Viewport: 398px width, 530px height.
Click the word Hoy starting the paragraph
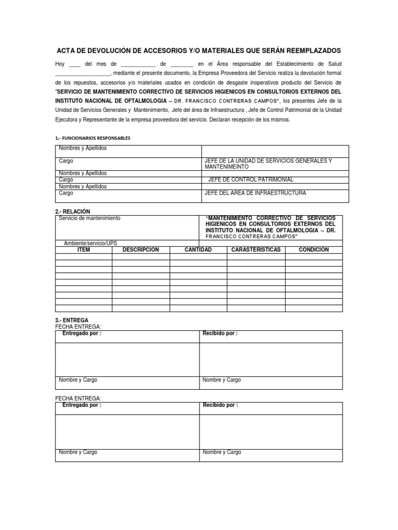[x=60, y=64]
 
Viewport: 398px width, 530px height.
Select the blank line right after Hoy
[x=74, y=65]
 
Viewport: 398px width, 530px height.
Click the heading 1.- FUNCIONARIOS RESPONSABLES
[x=93, y=138]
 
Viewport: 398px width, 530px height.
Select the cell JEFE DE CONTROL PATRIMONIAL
[x=250, y=180]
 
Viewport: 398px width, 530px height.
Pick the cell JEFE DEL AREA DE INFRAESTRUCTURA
[x=255, y=193]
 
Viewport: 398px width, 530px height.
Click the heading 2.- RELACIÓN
[x=73, y=211]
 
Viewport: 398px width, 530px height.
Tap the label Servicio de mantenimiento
[x=90, y=218]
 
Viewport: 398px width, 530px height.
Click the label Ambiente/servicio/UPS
[x=90, y=243]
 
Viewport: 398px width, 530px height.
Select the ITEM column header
[x=83, y=249]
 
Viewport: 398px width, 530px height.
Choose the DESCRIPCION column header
[x=140, y=249]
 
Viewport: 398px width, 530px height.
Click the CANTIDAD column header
[x=198, y=249]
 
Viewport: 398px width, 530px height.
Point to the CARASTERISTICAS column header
[x=255, y=249]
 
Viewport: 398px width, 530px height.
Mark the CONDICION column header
[x=314, y=249]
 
